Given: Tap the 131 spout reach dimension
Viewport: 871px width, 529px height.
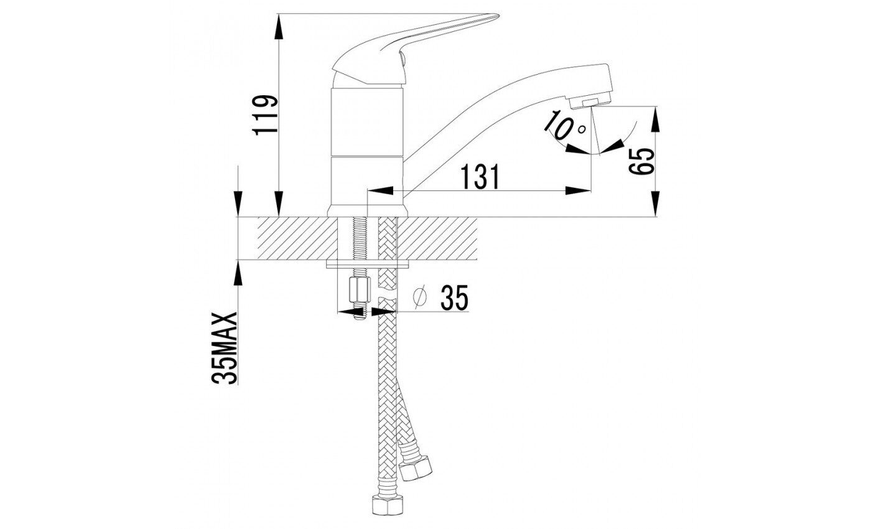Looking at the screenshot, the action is (480, 177).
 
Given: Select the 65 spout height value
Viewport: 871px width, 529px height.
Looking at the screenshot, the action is (641, 161).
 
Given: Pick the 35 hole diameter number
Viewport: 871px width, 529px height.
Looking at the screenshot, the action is (454, 297).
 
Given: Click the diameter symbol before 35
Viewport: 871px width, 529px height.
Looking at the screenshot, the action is (420, 298).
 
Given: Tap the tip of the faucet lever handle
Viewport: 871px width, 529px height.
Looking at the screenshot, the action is (497, 16).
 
